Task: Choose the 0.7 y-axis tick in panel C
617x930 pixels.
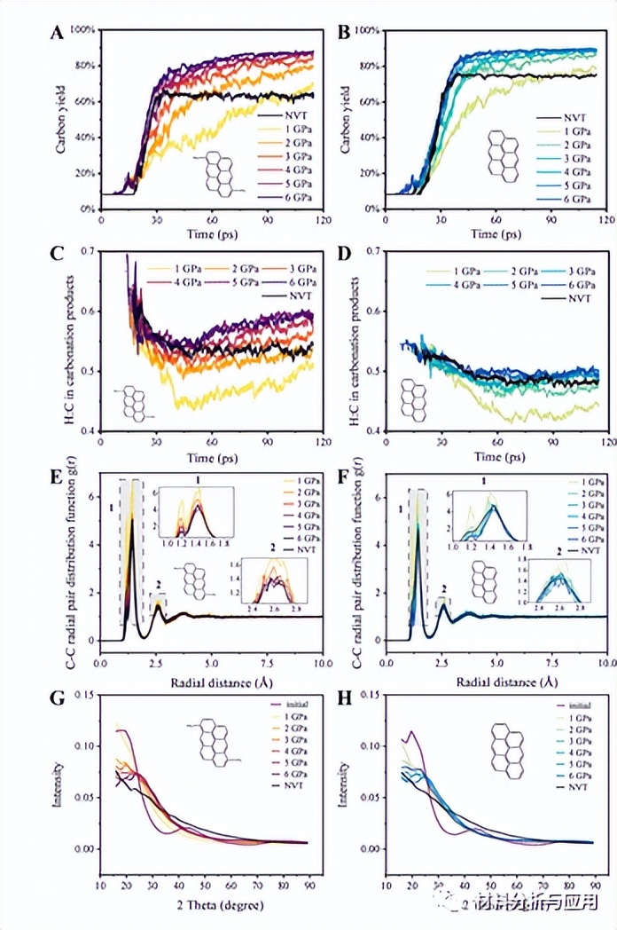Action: coord(87,252)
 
